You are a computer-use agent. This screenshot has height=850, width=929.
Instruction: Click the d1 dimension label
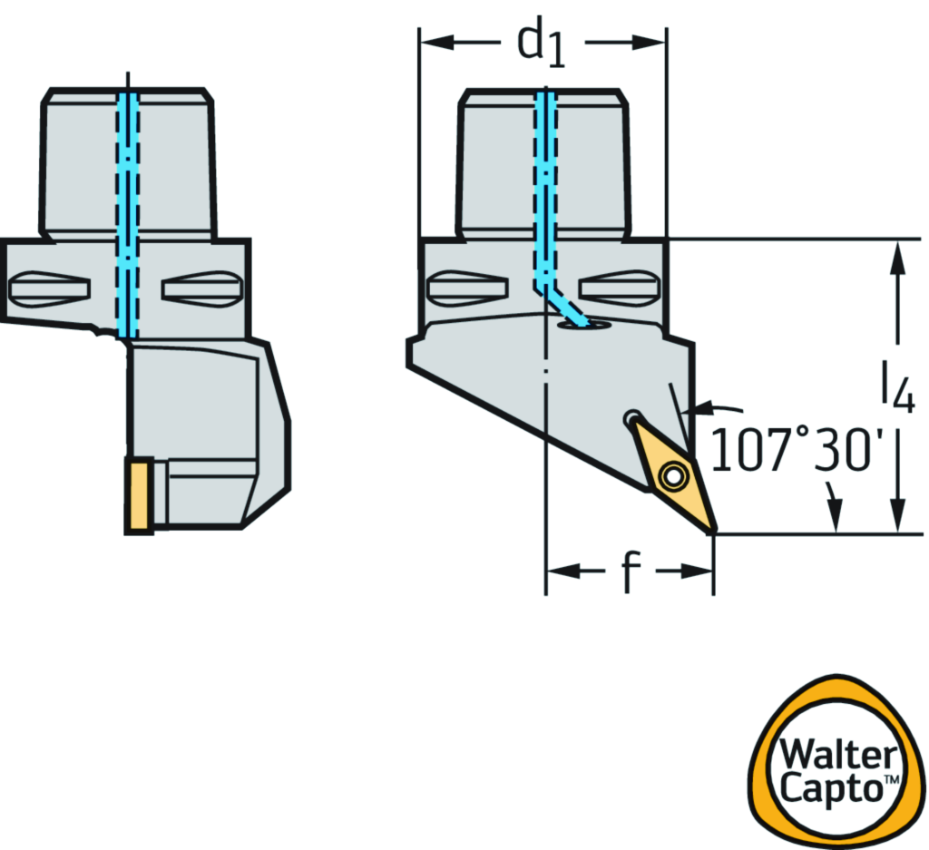click(x=542, y=45)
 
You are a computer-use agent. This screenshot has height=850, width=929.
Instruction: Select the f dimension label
click(x=630, y=572)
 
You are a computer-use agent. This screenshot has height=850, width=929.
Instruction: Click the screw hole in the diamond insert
click(x=672, y=474)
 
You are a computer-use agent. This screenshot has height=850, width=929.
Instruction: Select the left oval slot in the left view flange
click(x=49, y=289)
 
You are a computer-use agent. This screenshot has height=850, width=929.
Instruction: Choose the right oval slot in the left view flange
click(x=202, y=289)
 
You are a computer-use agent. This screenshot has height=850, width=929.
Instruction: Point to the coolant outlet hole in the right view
click(x=573, y=323)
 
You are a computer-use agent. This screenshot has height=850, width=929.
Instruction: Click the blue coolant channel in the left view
click(x=128, y=209)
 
